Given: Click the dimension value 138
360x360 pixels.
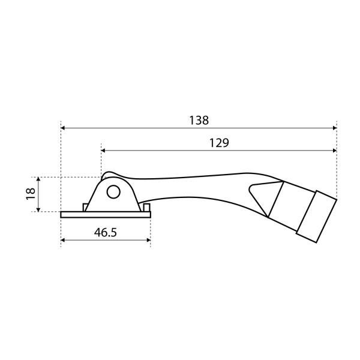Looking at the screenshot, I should pos(199,120).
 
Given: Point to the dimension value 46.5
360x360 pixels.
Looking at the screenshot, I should pos(106,233).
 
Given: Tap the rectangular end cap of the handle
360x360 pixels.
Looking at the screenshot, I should pos(317,217).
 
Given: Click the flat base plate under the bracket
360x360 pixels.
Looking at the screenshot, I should pos(105,215).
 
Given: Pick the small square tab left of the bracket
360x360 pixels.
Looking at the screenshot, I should pos(86,208).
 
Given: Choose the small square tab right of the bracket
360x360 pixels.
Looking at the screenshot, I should pos(146,208).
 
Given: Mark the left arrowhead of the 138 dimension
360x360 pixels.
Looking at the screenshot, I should pos(64,128).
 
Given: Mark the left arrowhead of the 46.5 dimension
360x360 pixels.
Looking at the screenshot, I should pos(64,241).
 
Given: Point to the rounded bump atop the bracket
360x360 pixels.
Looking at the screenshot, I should pos(108,175).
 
